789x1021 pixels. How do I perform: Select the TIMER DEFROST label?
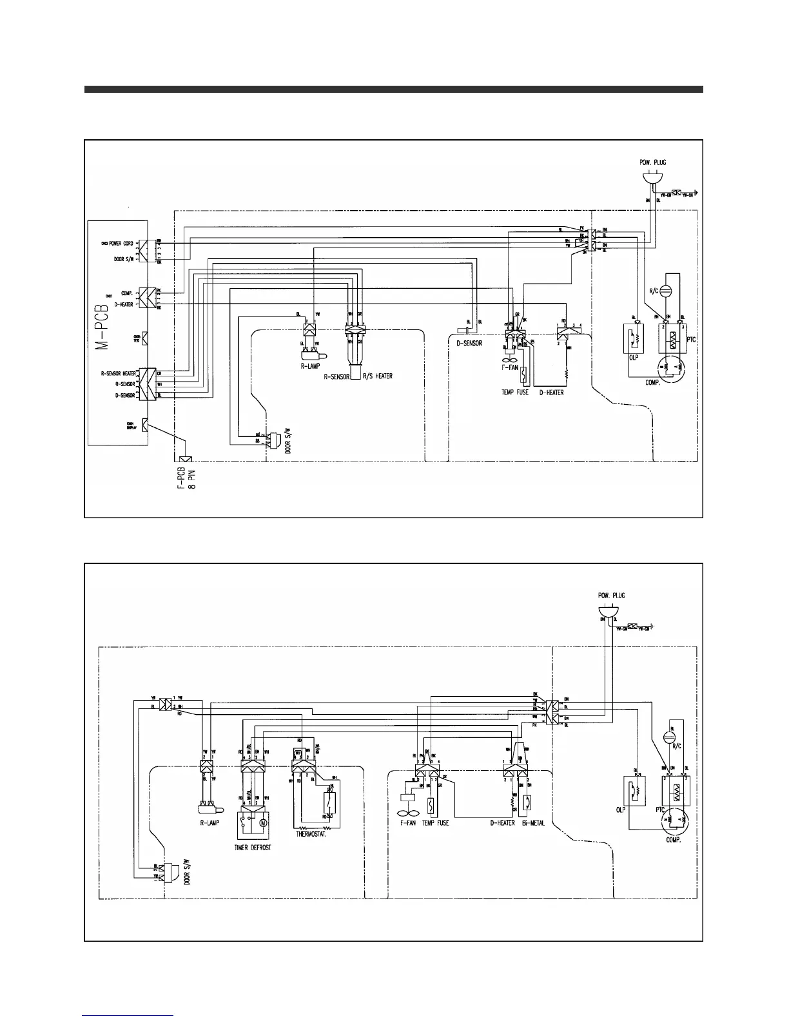pos(253,848)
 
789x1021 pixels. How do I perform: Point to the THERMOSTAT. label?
pos(311,833)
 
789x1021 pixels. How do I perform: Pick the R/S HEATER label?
pos(376,376)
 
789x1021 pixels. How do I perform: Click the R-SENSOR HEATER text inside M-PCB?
pos(118,373)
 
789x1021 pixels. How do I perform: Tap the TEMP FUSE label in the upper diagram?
pos(516,392)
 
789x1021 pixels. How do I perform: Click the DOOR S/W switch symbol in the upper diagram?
pos(275,440)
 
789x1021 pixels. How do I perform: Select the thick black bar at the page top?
pos(393,90)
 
